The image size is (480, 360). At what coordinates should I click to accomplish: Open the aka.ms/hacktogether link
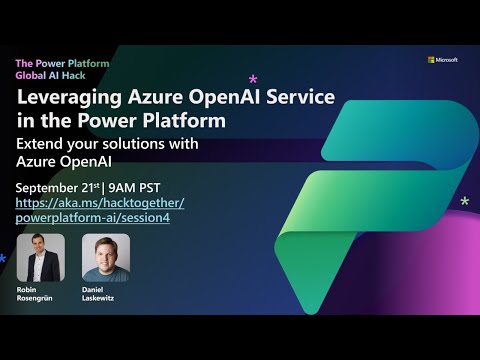pyautogui.click(x=100, y=203)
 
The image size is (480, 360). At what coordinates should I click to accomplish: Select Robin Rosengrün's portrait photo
pyautogui.click(x=41, y=257)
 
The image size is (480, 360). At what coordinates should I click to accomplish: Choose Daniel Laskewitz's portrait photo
pyautogui.click(x=105, y=257)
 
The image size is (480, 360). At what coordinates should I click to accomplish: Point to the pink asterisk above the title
pyautogui.click(x=252, y=78)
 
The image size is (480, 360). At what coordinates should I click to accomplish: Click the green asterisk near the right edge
pyautogui.click(x=464, y=202)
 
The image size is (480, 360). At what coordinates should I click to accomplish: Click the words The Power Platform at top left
pyautogui.click(x=62, y=63)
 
